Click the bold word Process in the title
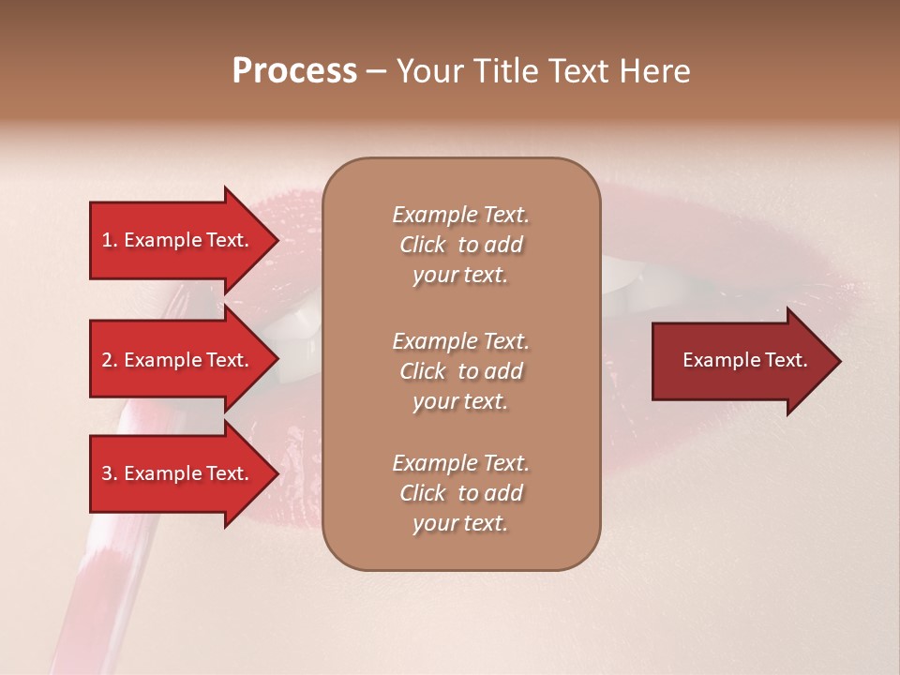point(294,71)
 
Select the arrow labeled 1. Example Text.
point(178,240)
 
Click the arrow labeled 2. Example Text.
point(178,360)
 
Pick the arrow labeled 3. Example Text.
point(178,473)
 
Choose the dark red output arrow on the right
point(741,360)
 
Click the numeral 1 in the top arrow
point(107,240)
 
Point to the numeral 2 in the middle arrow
point(107,360)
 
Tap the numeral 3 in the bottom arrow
point(107,473)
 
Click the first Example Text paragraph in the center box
point(460,245)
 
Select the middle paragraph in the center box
point(460,371)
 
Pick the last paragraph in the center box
point(460,493)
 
